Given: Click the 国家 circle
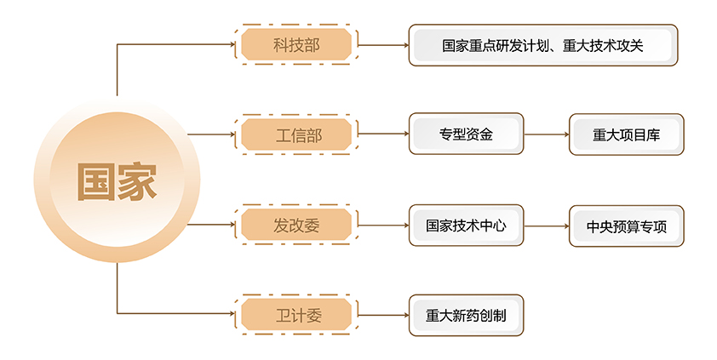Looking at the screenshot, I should [x=117, y=181].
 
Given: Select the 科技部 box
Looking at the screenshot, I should [x=295, y=45].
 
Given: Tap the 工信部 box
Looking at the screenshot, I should [x=295, y=134].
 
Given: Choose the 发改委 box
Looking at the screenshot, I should [x=295, y=226].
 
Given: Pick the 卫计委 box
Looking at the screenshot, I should [x=295, y=315].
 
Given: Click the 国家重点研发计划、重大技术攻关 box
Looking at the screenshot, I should [x=542, y=45].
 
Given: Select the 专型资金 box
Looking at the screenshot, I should [x=466, y=134].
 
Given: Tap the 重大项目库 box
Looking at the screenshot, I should [x=626, y=134].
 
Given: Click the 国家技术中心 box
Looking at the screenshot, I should [x=466, y=226].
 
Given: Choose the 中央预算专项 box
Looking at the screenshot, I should [x=626, y=226].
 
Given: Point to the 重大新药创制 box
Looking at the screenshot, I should [x=466, y=315].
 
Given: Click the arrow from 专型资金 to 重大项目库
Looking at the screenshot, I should [x=546, y=134].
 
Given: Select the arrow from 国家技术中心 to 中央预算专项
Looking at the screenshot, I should [x=546, y=226].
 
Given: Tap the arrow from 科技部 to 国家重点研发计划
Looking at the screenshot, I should [x=383, y=45].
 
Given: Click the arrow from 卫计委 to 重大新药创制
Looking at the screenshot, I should [x=383, y=315].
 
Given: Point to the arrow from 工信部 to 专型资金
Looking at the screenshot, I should [x=383, y=134].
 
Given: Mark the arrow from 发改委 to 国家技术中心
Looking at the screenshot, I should [x=383, y=226].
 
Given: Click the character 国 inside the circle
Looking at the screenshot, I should [x=95, y=182].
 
